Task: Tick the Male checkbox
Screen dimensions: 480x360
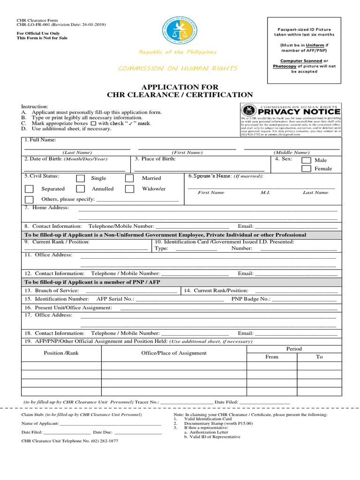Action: pyautogui.click(x=306, y=160)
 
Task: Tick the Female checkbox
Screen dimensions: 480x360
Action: pyautogui.click(x=306, y=169)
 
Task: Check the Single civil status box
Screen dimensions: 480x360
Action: pyautogui.click(x=81, y=178)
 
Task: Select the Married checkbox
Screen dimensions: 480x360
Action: pyautogui.click(x=129, y=178)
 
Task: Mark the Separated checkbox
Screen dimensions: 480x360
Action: pyautogui.click(x=29, y=189)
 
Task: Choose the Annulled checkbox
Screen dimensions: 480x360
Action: pyautogui.click(x=81, y=189)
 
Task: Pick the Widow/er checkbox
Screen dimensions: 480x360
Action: pyautogui.click(x=129, y=189)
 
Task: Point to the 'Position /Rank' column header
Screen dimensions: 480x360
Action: pyautogui.click(x=61, y=352)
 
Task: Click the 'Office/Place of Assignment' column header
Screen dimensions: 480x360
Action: pyautogui.click(x=174, y=352)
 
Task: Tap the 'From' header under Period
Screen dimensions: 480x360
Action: pyautogui.click(x=272, y=357)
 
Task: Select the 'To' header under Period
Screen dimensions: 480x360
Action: pyautogui.click(x=319, y=357)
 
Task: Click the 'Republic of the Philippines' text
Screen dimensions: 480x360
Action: pyautogui.click(x=178, y=52)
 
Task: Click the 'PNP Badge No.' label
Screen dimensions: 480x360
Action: pyautogui.click(x=251, y=299)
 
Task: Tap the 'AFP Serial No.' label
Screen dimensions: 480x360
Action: pyautogui.click(x=115, y=299)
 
